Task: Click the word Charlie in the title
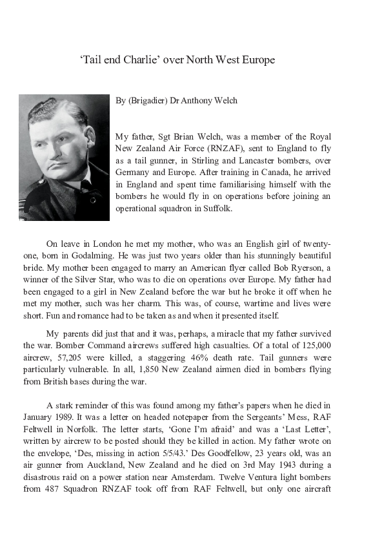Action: [x=141, y=60]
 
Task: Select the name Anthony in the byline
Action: [x=200, y=100]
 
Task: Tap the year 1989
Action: [x=86, y=417]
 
